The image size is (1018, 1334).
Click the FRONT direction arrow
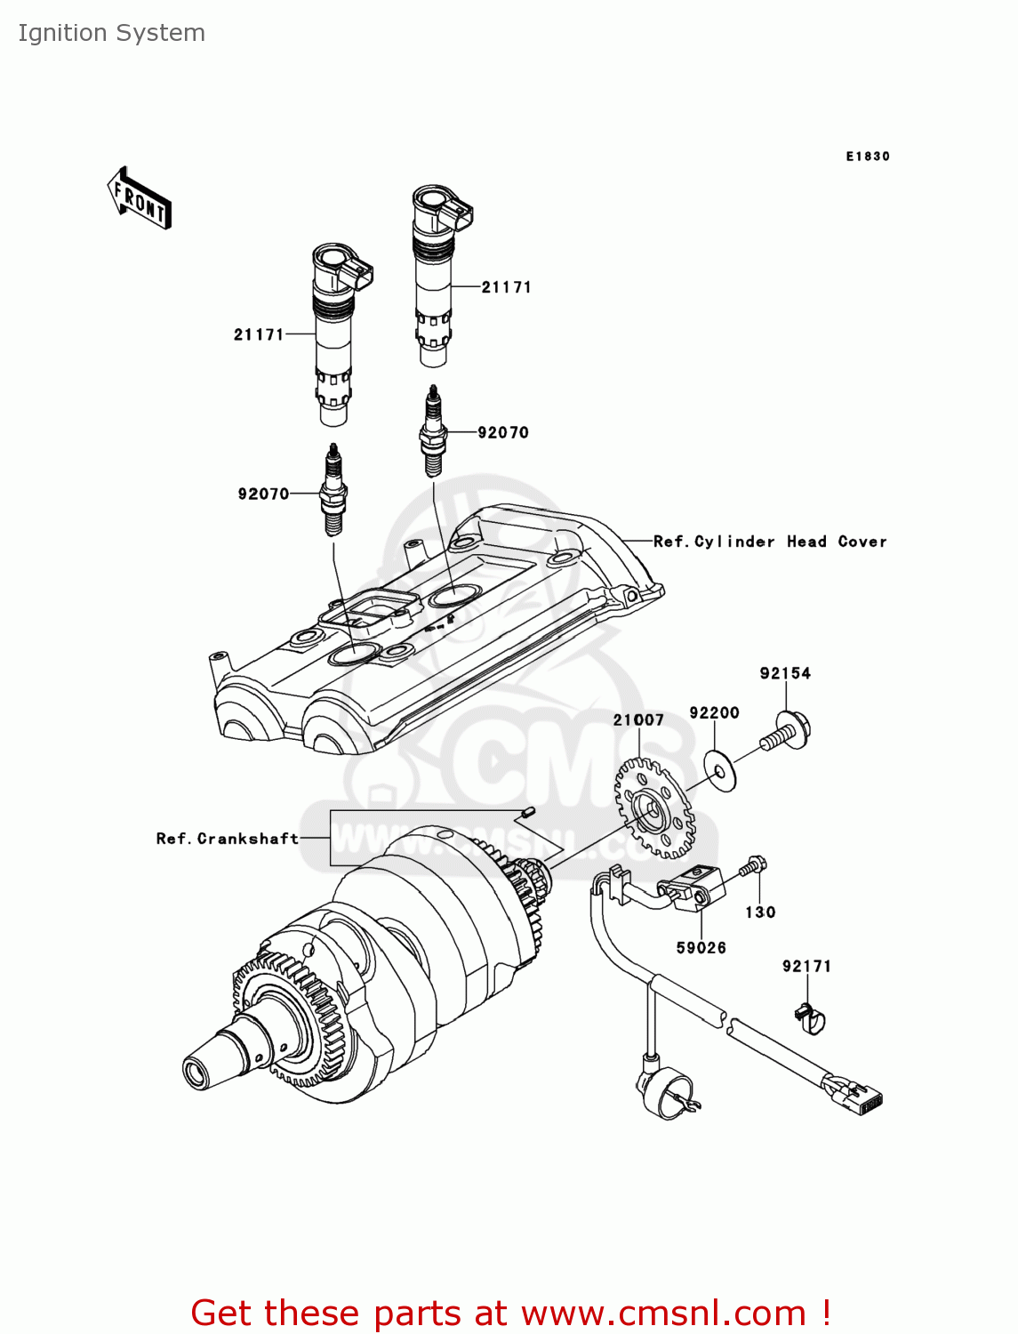[x=140, y=198]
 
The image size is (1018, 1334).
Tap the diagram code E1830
[x=867, y=157]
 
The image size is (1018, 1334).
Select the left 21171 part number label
[x=259, y=335]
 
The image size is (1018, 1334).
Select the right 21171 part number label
[x=506, y=287]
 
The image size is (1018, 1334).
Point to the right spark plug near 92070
[x=432, y=431]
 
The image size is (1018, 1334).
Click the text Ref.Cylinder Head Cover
[x=769, y=542]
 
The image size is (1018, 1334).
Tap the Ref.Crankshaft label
[x=227, y=839]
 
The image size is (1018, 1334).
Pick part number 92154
[x=785, y=673]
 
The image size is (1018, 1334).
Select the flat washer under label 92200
[x=719, y=771]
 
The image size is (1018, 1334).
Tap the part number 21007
[x=638, y=719]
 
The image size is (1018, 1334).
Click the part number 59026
[x=701, y=948]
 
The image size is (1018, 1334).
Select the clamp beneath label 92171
[x=808, y=1017]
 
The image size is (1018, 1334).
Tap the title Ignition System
[x=112, y=33]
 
